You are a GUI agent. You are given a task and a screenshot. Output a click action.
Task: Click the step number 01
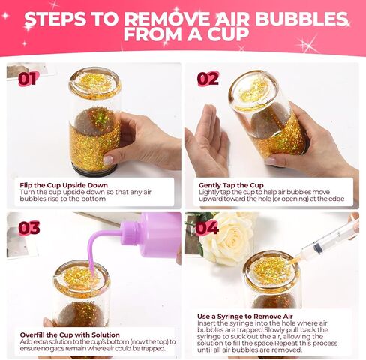(28, 79)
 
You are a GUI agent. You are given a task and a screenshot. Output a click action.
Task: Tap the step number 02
(208, 79)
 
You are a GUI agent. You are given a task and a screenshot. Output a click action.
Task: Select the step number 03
(29, 228)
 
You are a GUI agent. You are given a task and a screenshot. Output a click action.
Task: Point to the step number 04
(207, 228)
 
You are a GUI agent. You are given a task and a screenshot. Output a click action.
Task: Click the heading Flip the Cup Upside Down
(64, 185)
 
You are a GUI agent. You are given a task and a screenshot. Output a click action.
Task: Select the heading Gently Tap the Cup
(231, 185)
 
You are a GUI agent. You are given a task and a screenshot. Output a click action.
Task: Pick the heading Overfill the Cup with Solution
(70, 334)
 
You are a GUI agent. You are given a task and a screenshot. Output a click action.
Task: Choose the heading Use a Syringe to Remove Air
(245, 316)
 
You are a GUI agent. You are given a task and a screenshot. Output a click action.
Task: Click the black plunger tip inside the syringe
(318, 247)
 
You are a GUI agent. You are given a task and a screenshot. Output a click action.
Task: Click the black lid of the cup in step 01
(94, 170)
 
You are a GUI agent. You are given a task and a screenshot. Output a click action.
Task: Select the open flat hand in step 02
(207, 141)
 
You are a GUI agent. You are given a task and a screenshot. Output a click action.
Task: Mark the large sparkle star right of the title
(308, 45)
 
